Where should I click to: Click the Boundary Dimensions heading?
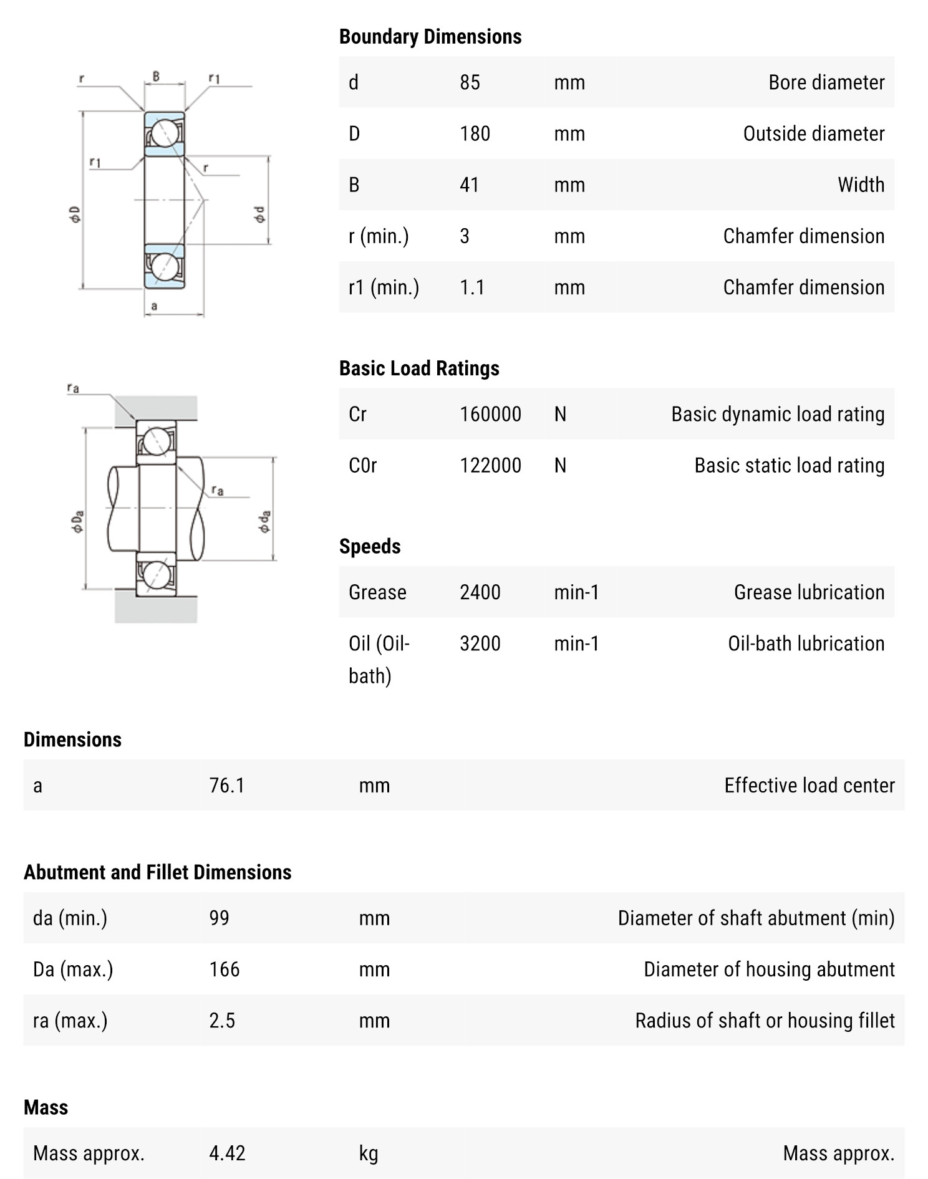430,37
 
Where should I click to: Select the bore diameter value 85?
470,82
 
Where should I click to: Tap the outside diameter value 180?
475,133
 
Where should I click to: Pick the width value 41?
470,185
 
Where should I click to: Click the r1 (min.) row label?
384,287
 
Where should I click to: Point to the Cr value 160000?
490,414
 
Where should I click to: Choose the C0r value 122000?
490,465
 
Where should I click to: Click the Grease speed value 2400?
480,592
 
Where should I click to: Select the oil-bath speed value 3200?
480,643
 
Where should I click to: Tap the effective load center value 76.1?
226,785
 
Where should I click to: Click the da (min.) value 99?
219,918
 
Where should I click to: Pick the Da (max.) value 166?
224,969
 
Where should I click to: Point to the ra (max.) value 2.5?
221,1020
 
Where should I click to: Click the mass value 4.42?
227,1153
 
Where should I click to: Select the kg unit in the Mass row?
368,1153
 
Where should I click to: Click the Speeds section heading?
369,546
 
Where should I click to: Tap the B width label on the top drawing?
156,76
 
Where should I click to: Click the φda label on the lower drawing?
265,521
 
